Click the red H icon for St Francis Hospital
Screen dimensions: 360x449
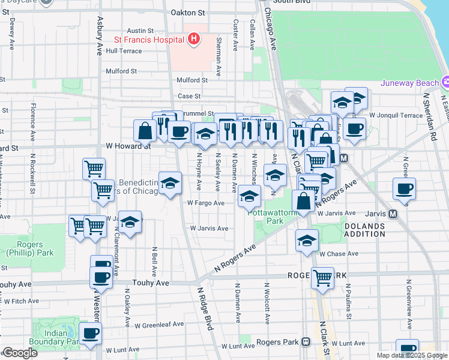click(193, 40)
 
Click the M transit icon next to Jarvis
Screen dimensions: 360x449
click(393, 214)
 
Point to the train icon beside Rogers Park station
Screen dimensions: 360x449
click(306, 342)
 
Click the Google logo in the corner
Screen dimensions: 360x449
click(20, 353)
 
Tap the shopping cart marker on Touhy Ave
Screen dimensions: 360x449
click(323, 278)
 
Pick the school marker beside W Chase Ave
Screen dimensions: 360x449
click(307, 241)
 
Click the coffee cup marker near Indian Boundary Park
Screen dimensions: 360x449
click(90, 334)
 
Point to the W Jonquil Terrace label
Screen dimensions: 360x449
click(396, 115)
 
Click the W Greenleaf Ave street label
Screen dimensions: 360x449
click(159, 325)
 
